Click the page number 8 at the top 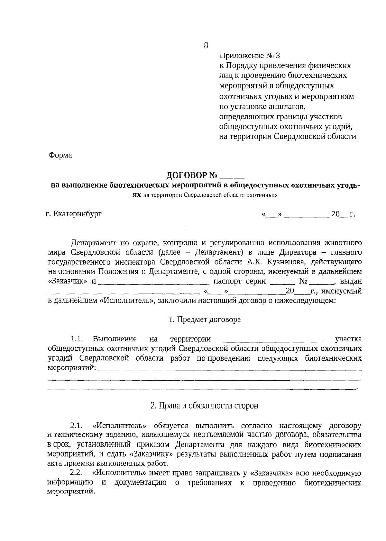tap(206, 45)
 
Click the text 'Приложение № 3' tap(247, 56)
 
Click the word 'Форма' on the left tap(60, 155)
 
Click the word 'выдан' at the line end tap(351, 281)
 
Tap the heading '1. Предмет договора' tap(205, 320)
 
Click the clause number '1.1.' tap(77, 339)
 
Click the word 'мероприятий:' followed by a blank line tap(72, 368)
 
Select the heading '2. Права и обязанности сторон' tap(205, 406)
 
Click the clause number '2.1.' tap(77, 426)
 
